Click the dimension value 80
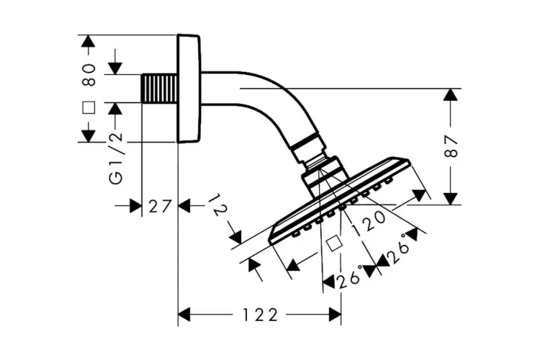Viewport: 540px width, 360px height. (x=89, y=73)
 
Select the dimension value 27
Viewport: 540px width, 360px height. (x=159, y=206)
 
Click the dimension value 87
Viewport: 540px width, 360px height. (x=451, y=146)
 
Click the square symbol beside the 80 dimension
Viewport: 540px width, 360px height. (x=89, y=108)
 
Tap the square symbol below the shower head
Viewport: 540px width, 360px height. (x=332, y=243)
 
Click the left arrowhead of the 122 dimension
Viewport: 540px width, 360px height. (x=184, y=315)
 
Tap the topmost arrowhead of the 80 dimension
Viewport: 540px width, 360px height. (x=89, y=42)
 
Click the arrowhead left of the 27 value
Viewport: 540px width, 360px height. (x=135, y=206)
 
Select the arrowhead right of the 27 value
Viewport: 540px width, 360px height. (x=184, y=206)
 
